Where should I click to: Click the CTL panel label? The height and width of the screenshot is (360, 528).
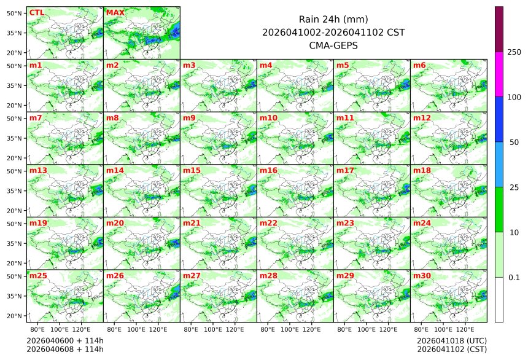click(36, 12)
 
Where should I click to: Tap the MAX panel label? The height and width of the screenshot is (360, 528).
click(114, 12)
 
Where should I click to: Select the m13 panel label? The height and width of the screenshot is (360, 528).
click(38, 170)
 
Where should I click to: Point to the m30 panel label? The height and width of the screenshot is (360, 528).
click(422, 276)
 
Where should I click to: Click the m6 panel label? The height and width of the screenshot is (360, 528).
click(419, 65)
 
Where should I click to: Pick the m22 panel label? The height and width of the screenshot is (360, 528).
click(268, 223)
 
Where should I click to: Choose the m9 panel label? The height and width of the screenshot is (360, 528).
click(189, 117)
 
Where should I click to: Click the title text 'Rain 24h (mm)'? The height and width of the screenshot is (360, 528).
click(333, 19)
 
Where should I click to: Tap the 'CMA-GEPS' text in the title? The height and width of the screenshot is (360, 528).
click(333, 45)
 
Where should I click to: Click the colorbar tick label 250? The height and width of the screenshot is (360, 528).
click(514, 52)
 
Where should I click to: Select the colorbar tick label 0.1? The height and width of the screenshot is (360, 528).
click(514, 278)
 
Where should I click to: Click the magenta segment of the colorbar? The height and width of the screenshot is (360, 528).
click(499, 74)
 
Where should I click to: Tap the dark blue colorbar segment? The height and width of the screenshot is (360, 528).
click(499, 119)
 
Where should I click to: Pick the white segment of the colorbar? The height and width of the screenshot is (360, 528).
click(499, 300)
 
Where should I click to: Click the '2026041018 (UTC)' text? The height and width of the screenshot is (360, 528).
click(452, 340)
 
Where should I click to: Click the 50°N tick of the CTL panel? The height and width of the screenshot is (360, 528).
click(15, 13)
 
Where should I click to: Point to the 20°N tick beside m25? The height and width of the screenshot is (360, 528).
click(15, 316)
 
